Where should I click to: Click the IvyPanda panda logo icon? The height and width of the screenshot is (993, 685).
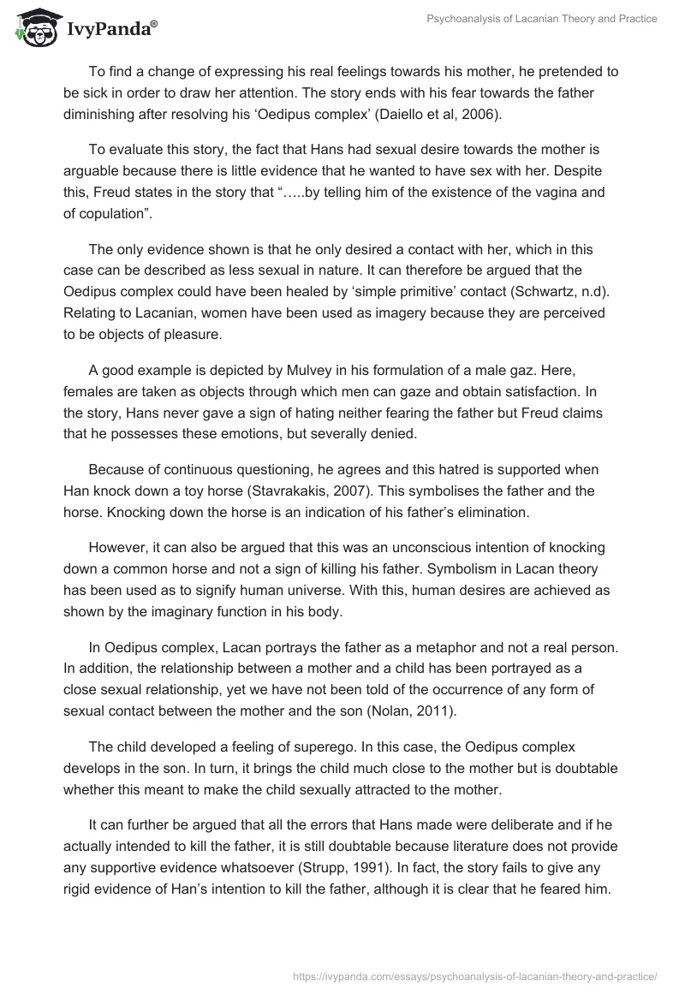[x=33, y=27]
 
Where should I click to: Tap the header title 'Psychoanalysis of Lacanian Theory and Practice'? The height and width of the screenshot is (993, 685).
[x=541, y=19]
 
